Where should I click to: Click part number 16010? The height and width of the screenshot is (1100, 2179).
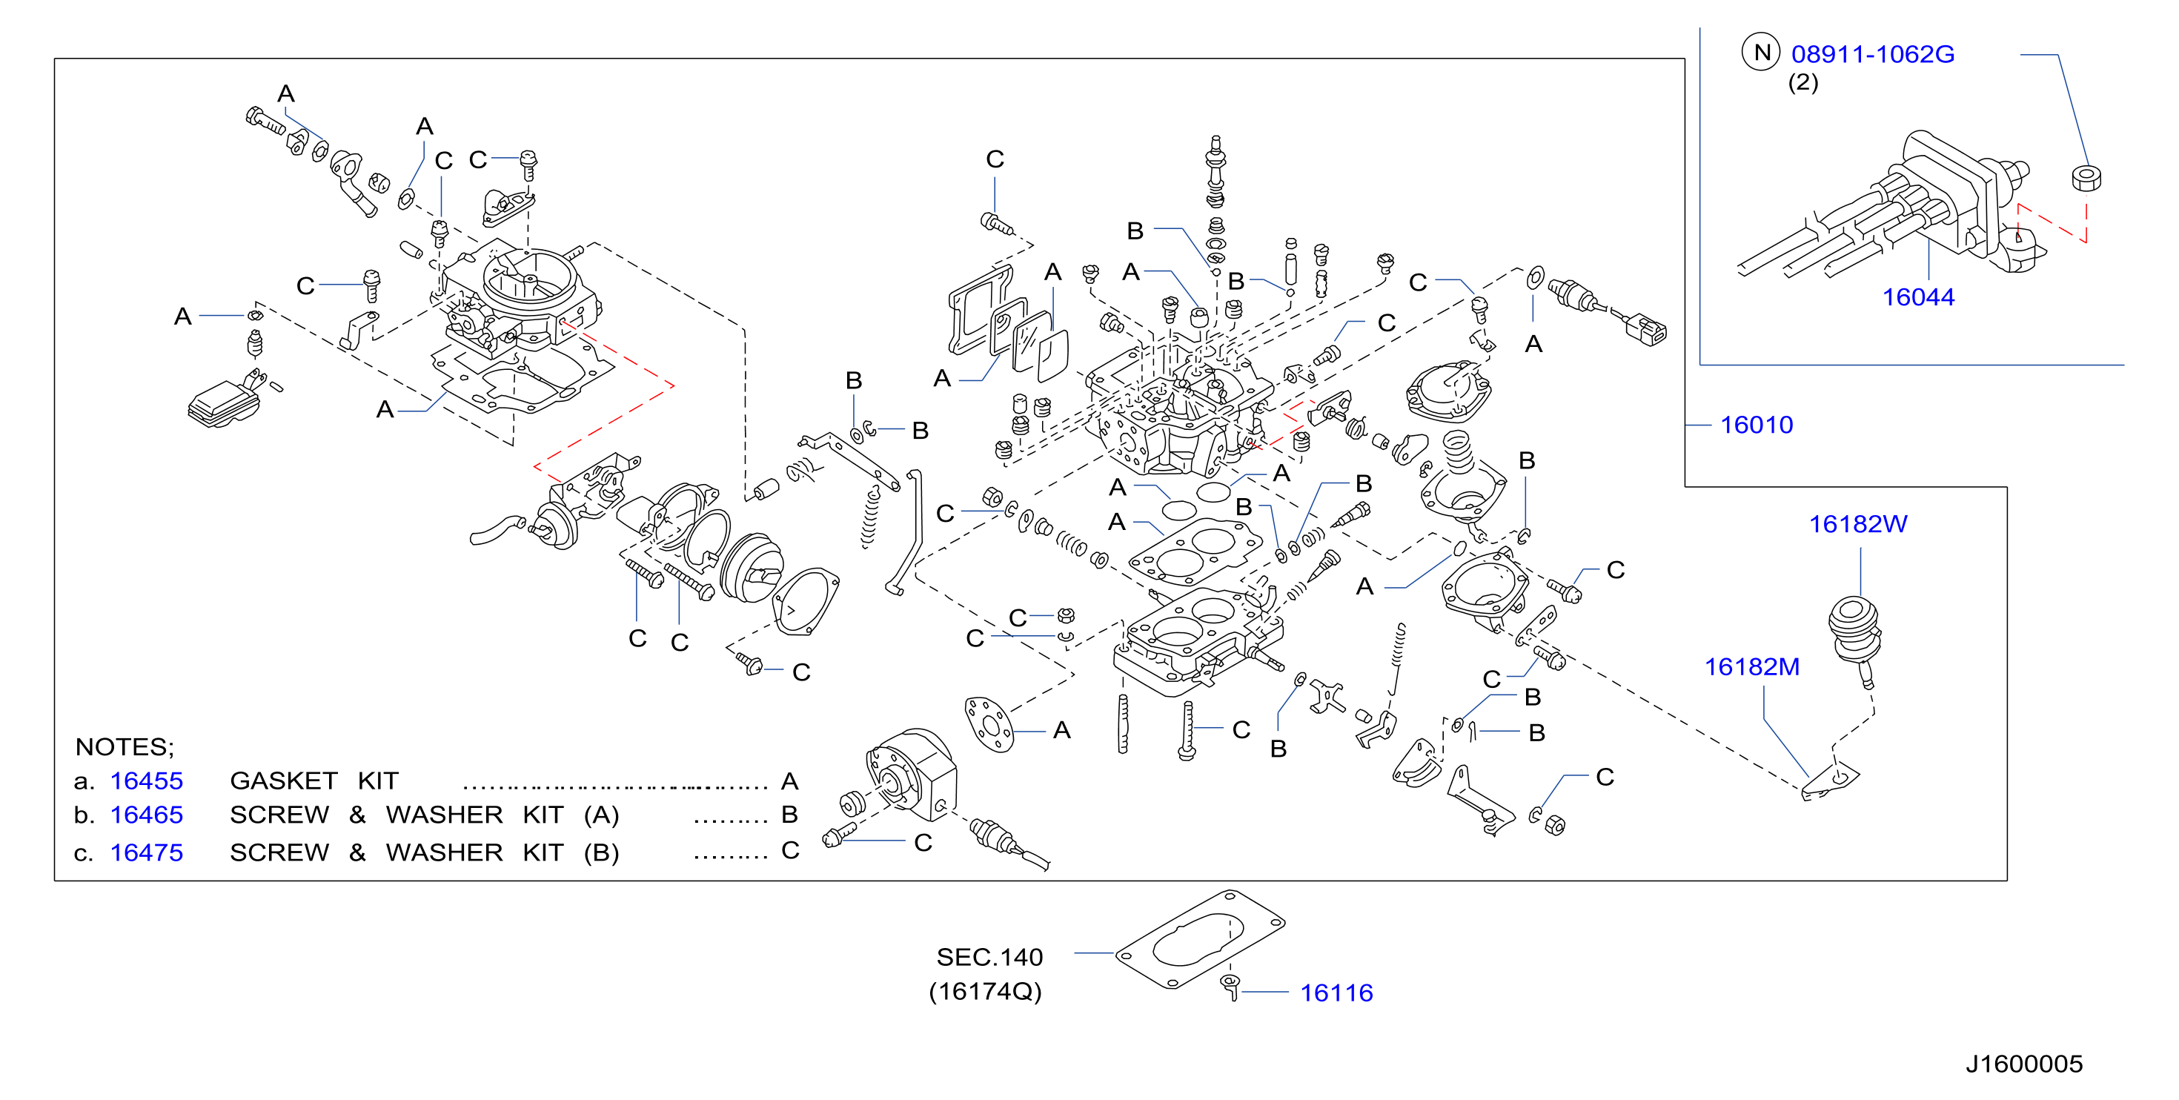point(1756,425)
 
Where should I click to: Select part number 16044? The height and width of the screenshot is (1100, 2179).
point(1917,297)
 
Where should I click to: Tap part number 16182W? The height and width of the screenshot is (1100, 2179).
point(1857,524)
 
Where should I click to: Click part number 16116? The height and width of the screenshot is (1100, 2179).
point(1336,993)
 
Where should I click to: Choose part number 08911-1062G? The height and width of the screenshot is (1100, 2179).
point(1873,54)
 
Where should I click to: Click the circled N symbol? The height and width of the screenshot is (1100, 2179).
point(1761,53)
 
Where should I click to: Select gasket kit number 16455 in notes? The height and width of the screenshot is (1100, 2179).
point(146,781)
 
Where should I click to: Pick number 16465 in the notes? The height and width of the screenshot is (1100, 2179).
point(146,815)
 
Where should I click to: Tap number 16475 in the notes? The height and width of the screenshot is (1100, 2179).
point(146,853)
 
